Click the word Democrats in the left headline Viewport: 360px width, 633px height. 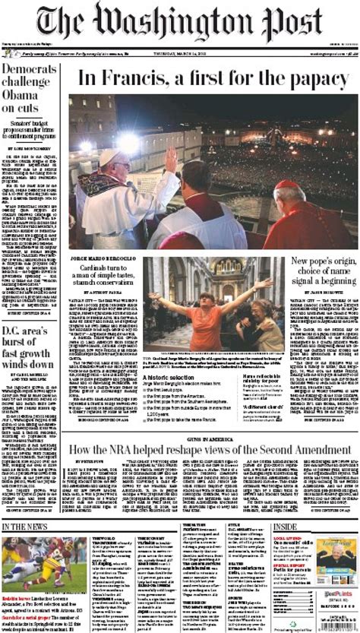point(30,71)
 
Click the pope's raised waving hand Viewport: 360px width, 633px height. point(172,158)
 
